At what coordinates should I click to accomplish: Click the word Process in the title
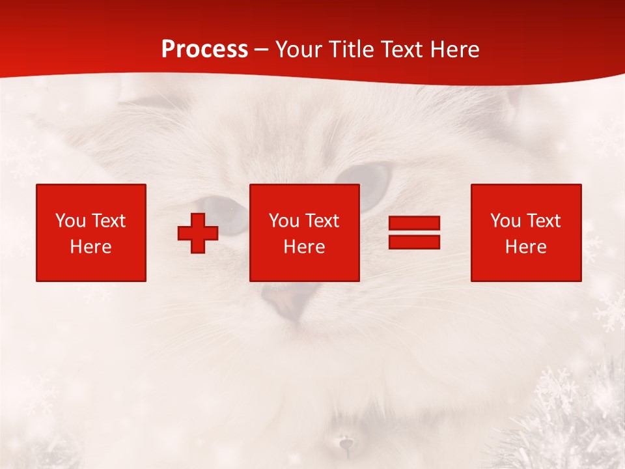tap(204, 50)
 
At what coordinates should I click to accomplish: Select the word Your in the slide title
tap(299, 50)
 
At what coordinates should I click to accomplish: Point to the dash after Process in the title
tap(262, 50)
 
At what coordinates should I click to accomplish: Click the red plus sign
tap(198, 233)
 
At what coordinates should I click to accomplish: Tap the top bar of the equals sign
tap(414, 223)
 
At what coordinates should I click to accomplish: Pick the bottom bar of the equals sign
tap(414, 242)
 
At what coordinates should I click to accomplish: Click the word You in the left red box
tap(70, 221)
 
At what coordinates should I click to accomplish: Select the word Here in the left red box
tap(90, 247)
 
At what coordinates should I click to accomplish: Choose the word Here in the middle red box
tap(304, 247)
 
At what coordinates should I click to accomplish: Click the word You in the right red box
tap(505, 221)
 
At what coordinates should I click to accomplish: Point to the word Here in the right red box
tap(525, 247)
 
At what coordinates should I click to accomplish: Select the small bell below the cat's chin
tap(345, 445)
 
